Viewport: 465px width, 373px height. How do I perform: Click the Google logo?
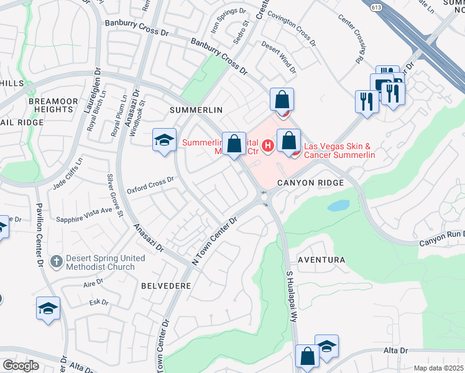(21, 366)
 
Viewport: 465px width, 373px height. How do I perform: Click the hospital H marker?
(267, 146)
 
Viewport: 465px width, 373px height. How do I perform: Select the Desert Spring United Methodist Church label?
(100, 263)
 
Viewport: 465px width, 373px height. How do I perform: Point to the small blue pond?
(339, 205)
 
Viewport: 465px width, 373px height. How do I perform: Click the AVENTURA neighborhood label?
(321, 259)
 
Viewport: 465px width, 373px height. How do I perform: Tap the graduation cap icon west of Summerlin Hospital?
(163, 140)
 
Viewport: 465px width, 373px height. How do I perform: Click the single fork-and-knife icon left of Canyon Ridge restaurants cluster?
(366, 101)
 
